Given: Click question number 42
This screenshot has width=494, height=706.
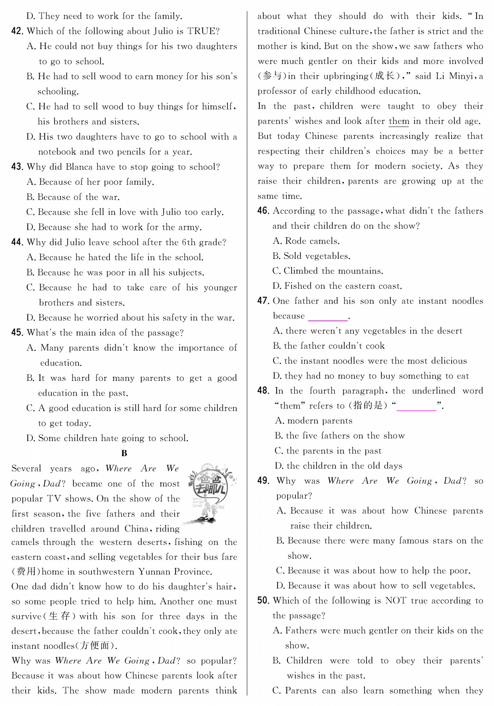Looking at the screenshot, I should (17, 31).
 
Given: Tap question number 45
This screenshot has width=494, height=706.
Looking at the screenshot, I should (17, 333).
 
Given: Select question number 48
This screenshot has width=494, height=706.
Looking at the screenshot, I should (263, 391).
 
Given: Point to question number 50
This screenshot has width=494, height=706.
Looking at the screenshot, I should (263, 600).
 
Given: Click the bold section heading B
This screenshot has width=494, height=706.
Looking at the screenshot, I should (124, 453).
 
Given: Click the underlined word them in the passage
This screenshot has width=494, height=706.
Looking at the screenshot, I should (399, 121).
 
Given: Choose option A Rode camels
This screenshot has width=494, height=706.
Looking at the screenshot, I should (306, 241).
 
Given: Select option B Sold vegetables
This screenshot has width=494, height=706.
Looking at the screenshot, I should (311, 256).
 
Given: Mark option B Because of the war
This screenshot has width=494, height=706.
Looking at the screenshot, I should (73, 197).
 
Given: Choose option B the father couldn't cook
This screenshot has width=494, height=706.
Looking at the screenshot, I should (329, 346).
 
